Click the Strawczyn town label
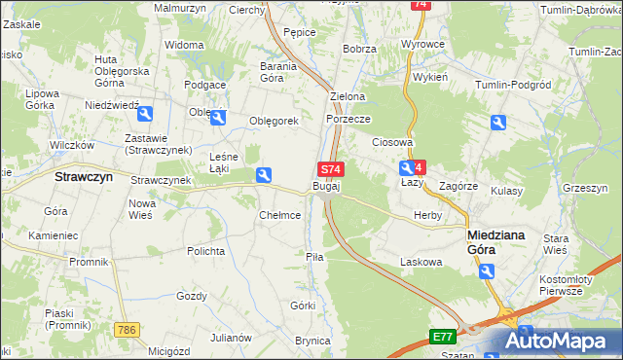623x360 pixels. (x=84, y=178)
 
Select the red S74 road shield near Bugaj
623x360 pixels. (x=331, y=169)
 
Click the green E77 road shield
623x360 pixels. (x=443, y=337)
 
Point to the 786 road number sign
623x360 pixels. (x=124, y=331)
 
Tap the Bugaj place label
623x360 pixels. (x=326, y=185)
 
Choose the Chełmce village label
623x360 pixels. (x=279, y=215)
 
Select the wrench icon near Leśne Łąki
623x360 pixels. (x=263, y=175)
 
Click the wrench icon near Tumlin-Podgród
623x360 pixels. (x=497, y=124)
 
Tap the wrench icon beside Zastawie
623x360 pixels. (x=145, y=115)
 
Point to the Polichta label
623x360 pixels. (x=206, y=250)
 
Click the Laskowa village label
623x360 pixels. (x=421, y=262)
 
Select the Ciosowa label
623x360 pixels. (x=393, y=142)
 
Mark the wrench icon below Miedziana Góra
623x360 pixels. (x=487, y=271)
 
